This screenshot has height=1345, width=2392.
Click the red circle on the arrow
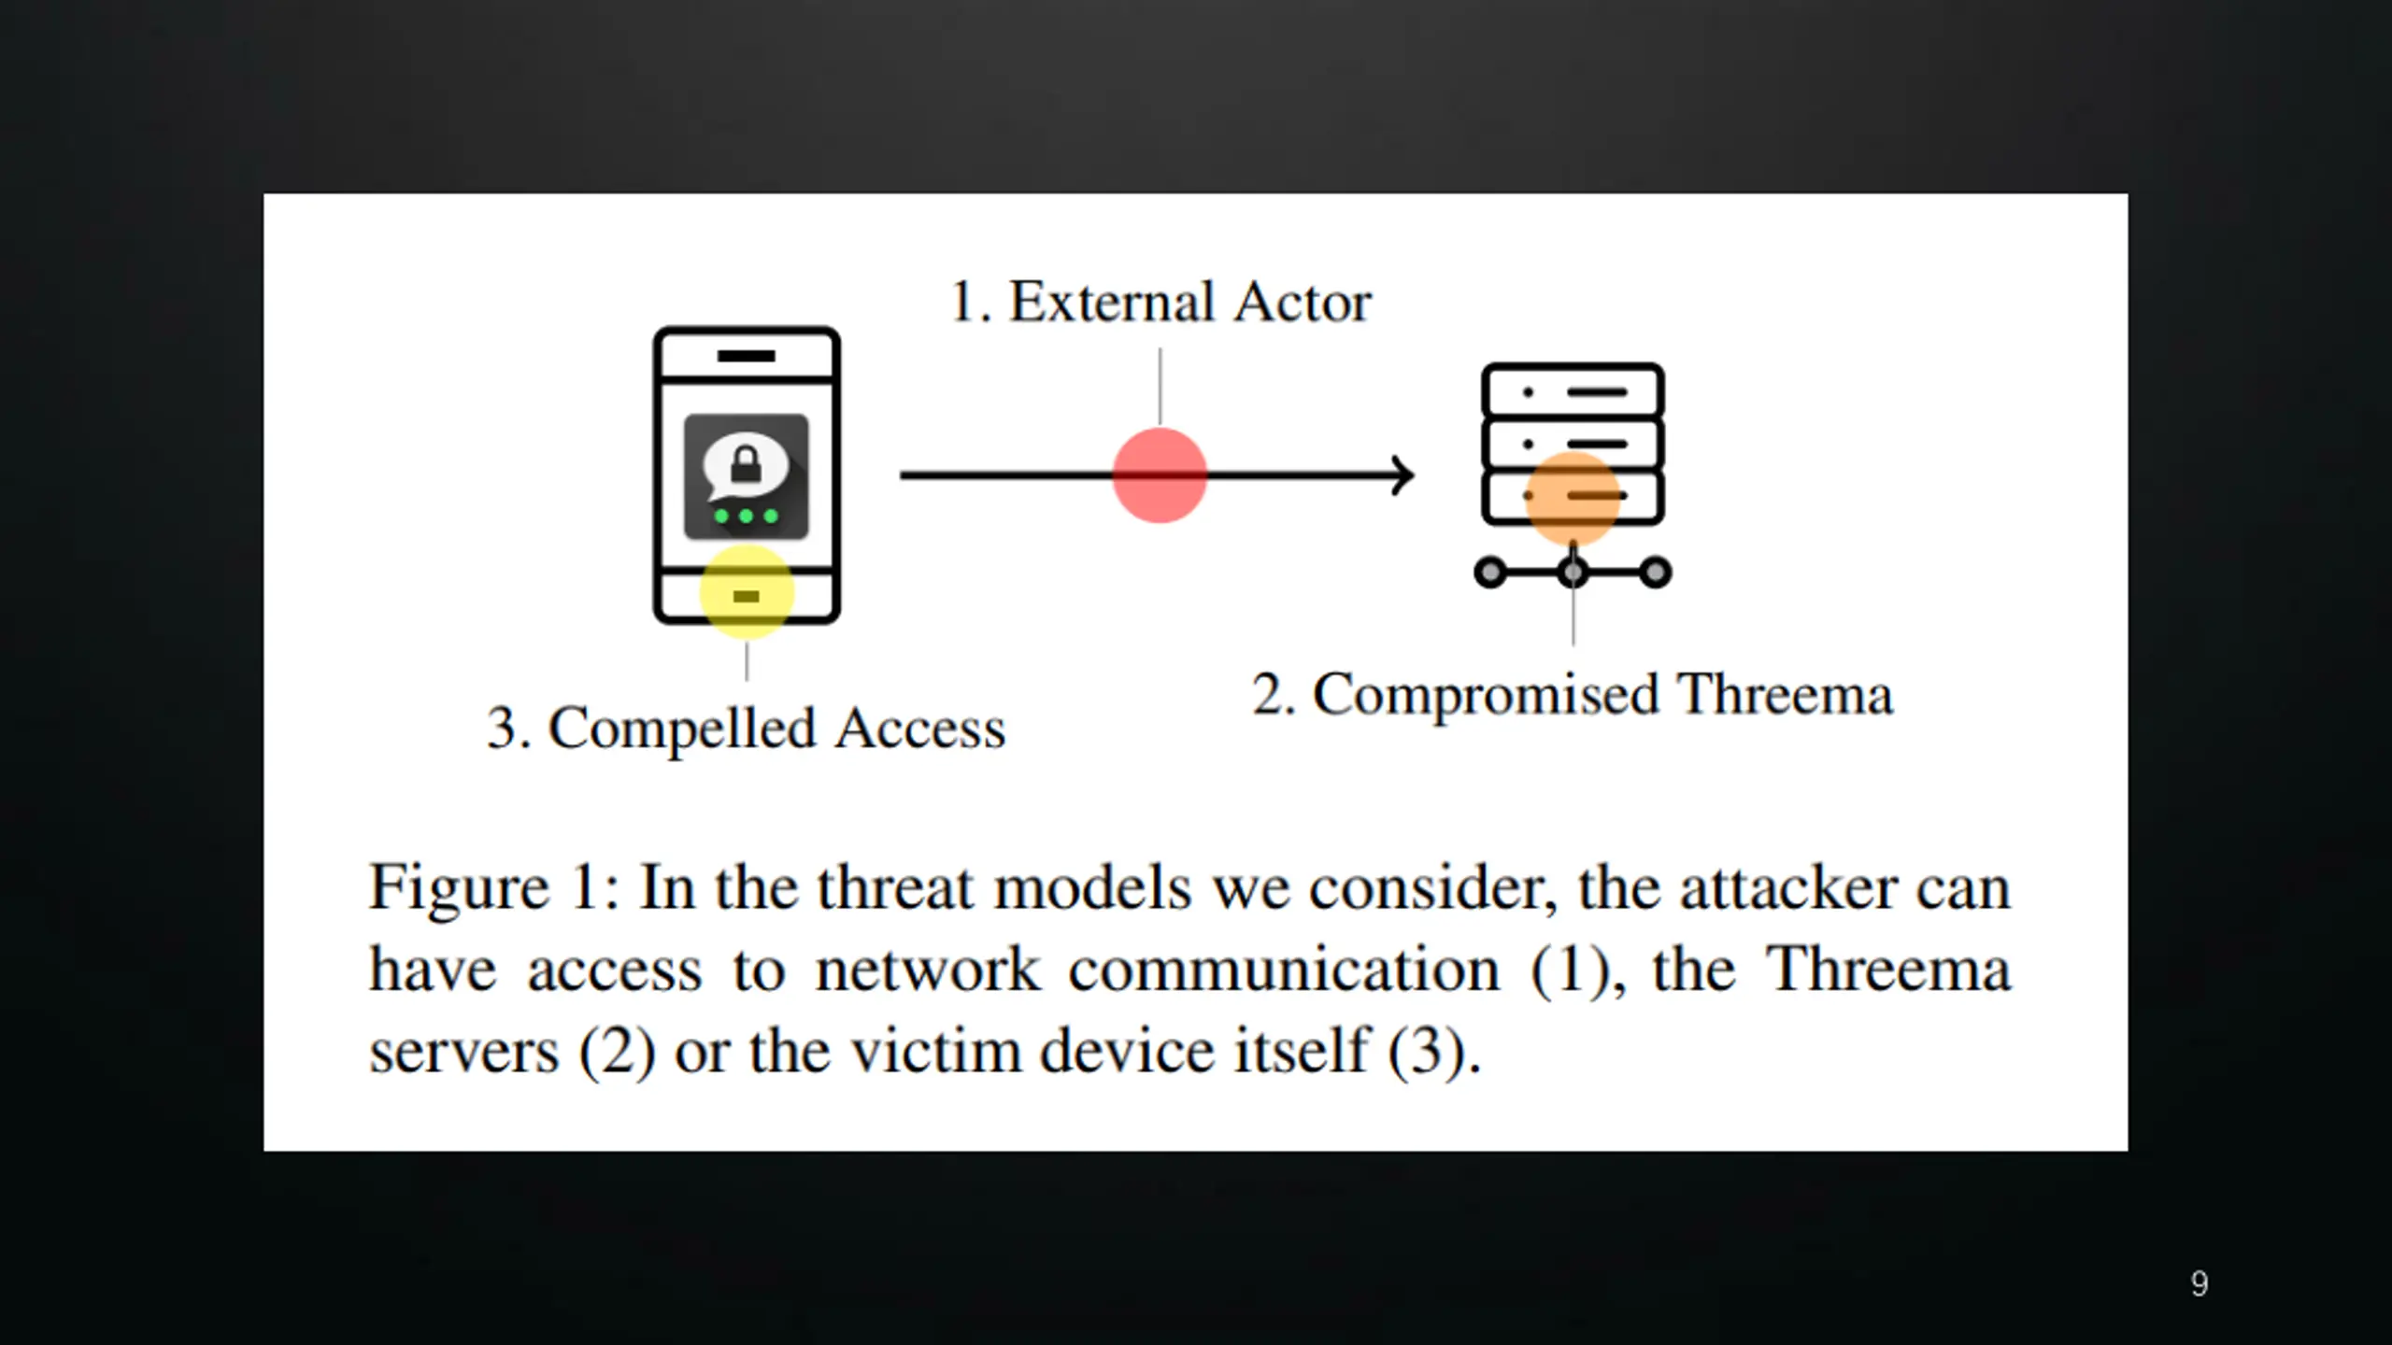[x=1159, y=475]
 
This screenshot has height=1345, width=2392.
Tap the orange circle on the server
[x=1573, y=498]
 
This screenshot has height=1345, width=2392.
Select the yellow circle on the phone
[x=747, y=592]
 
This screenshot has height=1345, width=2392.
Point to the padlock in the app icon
[x=746, y=464]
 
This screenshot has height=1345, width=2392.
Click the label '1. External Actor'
[x=1160, y=303]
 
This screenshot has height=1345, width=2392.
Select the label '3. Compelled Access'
[x=746, y=729]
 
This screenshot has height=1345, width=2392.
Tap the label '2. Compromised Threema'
[x=1573, y=695]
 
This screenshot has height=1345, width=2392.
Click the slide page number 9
[x=2200, y=1283]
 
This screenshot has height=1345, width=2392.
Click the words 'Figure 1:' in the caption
[x=493, y=887]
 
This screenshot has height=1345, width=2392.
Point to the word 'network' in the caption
[x=927, y=970]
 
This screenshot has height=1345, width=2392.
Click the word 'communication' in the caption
[x=1284, y=970]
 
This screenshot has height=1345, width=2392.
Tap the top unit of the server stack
[x=1573, y=391]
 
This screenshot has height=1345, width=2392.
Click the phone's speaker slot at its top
[x=746, y=356]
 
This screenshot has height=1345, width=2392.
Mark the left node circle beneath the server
[x=1490, y=572]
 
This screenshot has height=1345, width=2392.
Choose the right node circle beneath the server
[x=1655, y=572]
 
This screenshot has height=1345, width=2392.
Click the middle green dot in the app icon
[x=746, y=517]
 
